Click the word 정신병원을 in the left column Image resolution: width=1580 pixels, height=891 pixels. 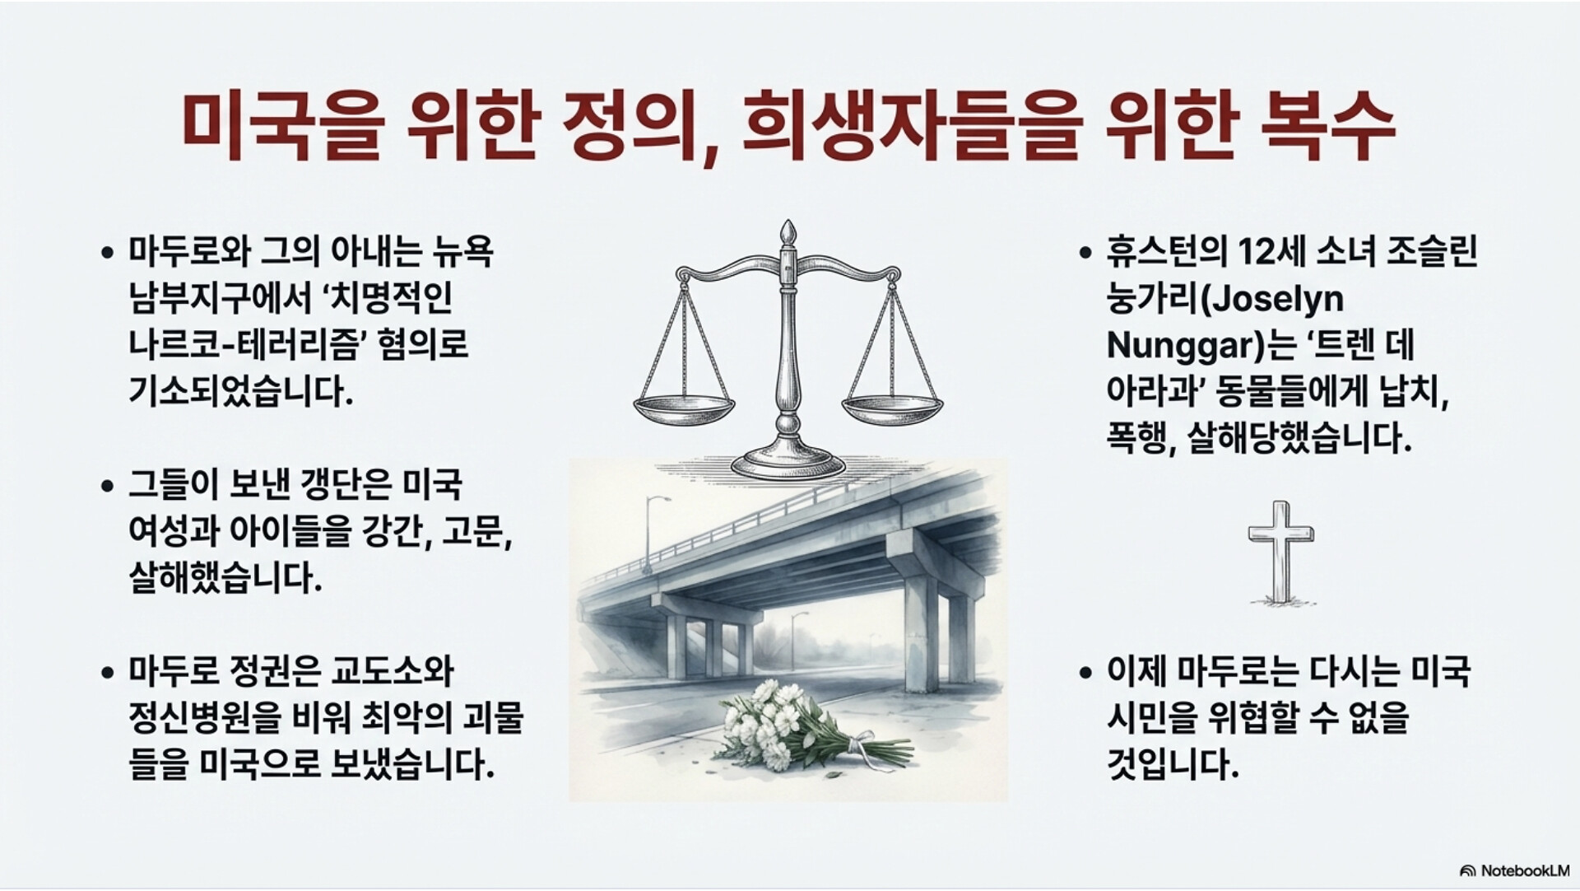click(x=205, y=719)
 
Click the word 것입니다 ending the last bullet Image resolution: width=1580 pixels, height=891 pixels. click(x=1173, y=765)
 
